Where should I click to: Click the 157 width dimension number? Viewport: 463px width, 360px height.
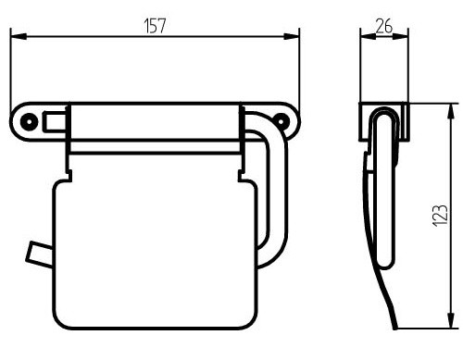[155, 26]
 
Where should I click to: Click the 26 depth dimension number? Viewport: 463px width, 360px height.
[384, 26]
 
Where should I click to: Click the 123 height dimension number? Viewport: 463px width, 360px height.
[440, 216]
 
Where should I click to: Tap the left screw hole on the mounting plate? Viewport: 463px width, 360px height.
[30, 121]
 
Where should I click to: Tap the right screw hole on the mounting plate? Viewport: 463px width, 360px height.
[282, 121]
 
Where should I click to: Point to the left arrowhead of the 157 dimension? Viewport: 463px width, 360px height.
[19, 36]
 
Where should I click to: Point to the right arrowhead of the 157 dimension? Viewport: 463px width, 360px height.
[292, 36]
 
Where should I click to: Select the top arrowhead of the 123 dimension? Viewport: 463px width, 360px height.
[451, 111]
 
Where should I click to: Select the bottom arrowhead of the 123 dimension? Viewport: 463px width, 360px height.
[451, 321]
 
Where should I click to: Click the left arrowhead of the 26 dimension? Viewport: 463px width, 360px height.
[369, 36]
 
